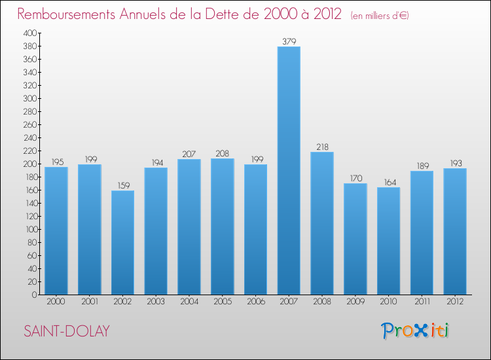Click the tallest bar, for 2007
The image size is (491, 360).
[x=289, y=170]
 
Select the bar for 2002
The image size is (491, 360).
[x=122, y=242]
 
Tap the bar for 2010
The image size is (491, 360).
[x=388, y=241]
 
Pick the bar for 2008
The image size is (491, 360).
[x=322, y=223]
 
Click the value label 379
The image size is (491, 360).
[x=289, y=41]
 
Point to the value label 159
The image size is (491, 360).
[x=122, y=185]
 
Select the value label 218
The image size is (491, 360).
[x=322, y=147]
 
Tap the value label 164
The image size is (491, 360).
[x=388, y=182]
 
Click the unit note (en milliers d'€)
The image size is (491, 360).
[x=380, y=16]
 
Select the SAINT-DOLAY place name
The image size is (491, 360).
[x=66, y=331]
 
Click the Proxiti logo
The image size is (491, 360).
[x=416, y=331]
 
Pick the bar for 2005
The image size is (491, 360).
[x=223, y=226]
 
